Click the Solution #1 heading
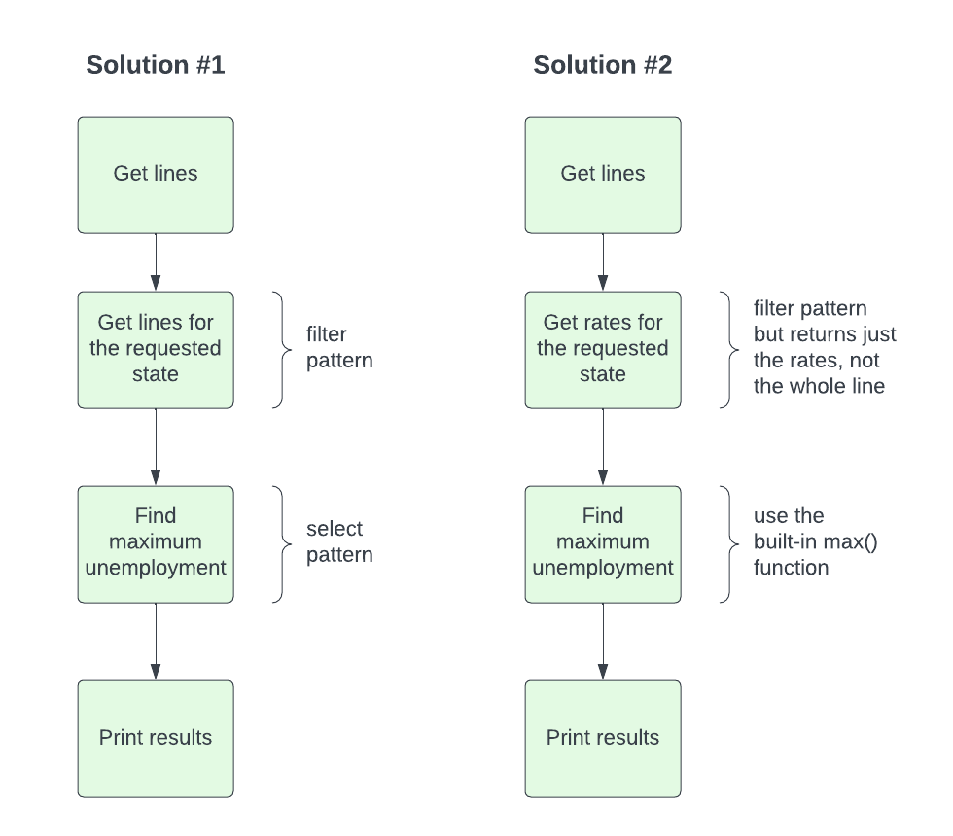coord(156,65)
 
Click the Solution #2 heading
coord(602,65)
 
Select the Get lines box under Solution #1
coord(156,175)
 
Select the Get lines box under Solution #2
coord(603,175)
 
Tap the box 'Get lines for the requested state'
coord(156,349)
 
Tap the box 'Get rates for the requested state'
coord(603,349)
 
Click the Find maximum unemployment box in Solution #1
coord(156,543)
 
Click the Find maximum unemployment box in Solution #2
coord(603,543)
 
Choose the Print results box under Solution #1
coord(156,738)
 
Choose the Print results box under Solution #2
coord(603,738)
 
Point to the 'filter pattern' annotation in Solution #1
coord(339,348)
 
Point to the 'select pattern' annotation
coord(339,542)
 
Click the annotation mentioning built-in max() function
coord(815,542)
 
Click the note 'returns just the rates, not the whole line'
coord(824,348)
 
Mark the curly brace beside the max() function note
coord(728,543)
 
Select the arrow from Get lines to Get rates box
coord(603,262)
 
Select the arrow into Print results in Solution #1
coord(156,642)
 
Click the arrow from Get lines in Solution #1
coord(156,262)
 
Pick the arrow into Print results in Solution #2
coord(603,642)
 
